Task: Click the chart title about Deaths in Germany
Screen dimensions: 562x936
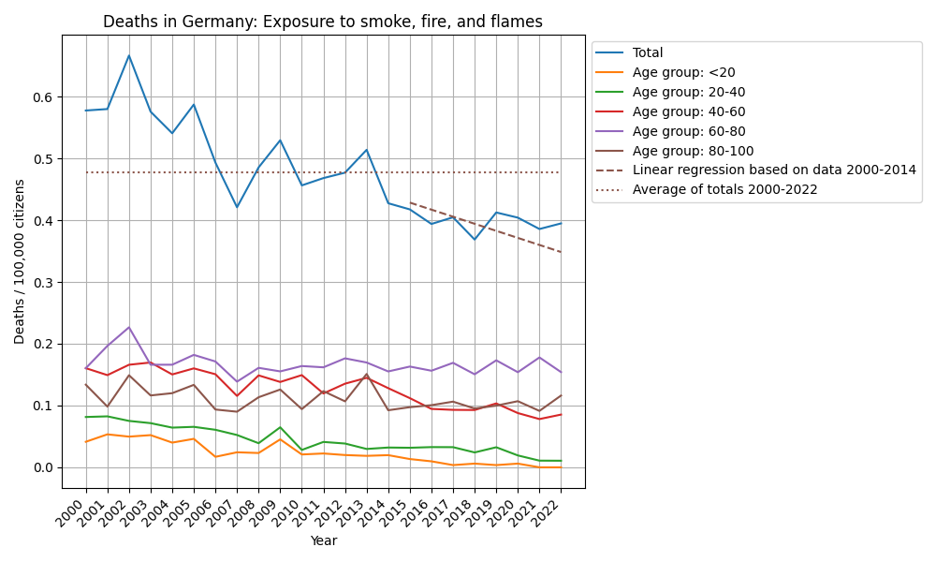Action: pyautogui.click(x=322, y=22)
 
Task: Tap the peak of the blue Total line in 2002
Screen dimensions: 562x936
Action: pyautogui.click(x=129, y=55)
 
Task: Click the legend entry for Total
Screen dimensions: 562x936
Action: pyautogui.click(x=648, y=52)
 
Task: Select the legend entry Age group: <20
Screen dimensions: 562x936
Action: pyautogui.click(x=680, y=72)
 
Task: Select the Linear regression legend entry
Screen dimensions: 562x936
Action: pyautogui.click(x=774, y=170)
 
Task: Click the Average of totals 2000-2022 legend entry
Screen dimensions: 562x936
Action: pyautogui.click(x=725, y=189)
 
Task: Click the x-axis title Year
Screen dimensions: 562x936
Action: pyautogui.click(x=323, y=540)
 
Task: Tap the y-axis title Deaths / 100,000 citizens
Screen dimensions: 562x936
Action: pyautogui.click(x=20, y=261)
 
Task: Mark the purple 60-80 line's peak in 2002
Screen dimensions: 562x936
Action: pyautogui.click(x=129, y=327)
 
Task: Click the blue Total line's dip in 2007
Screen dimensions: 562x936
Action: pyautogui.click(x=237, y=207)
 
